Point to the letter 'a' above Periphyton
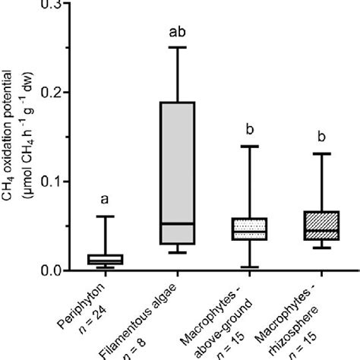point(105,201)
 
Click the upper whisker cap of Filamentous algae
point(182,48)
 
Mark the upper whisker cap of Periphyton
point(105,216)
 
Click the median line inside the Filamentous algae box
point(182,223)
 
